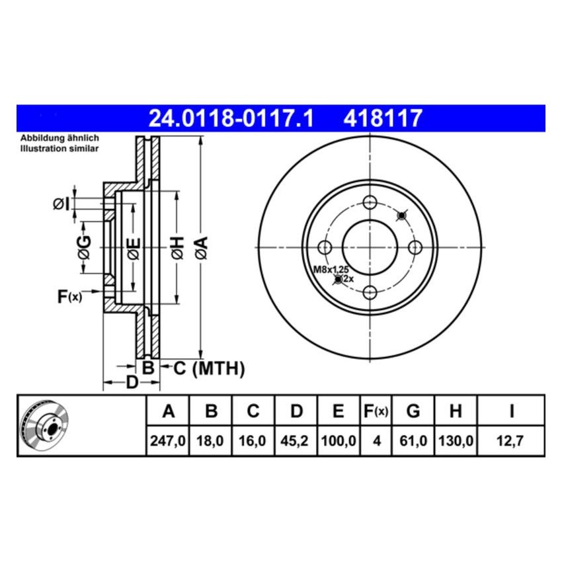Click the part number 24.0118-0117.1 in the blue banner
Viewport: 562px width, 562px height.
(229, 119)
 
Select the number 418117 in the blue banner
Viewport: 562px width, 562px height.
(383, 119)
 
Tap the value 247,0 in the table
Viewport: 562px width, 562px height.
(168, 440)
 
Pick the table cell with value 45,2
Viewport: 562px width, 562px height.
(296, 440)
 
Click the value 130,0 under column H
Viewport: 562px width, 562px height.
(455, 440)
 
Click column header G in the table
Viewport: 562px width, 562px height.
(413, 412)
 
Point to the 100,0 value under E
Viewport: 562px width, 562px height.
(338, 440)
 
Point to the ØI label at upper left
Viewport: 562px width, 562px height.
(61, 204)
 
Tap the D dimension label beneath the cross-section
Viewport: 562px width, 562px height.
(132, 382)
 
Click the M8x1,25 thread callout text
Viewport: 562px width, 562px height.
(331, 270)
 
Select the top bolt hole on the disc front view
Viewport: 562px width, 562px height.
(370, 202)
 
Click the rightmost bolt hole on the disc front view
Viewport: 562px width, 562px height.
(415, 247)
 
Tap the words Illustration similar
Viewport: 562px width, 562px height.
(60, 149)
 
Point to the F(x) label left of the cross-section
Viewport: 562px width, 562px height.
(69, 298)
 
